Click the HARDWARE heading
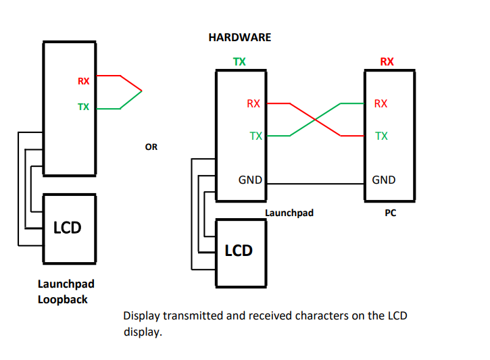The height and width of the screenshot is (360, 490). [x=239, y=38]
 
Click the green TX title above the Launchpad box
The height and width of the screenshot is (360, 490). [x=239, y=61]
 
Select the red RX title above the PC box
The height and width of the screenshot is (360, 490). [x=387, y=61]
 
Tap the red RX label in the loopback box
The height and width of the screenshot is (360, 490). [x=83, y=81]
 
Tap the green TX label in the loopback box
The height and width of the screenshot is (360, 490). [x=83, y=107]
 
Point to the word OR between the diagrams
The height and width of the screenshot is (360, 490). [x=151, y=147]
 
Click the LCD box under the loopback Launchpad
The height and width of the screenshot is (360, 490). [x=68, y=228]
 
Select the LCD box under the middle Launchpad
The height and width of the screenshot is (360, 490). [x=239, y=251]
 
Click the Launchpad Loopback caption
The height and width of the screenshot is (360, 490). [x=65, y=292]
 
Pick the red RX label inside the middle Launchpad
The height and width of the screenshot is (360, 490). [x=253, y=103]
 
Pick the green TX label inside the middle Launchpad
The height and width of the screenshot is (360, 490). [x=255, y=136]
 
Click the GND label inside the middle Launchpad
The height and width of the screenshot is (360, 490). [x=250, y=180]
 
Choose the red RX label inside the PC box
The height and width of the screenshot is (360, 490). [x=381, y=103]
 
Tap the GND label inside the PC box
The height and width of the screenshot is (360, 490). [x=384, y=180]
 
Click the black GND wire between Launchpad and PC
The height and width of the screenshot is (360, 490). [x=314, y=184]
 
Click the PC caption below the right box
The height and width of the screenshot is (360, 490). [x=390, y=213]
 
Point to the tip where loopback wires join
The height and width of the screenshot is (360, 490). [x=142, y=91]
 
